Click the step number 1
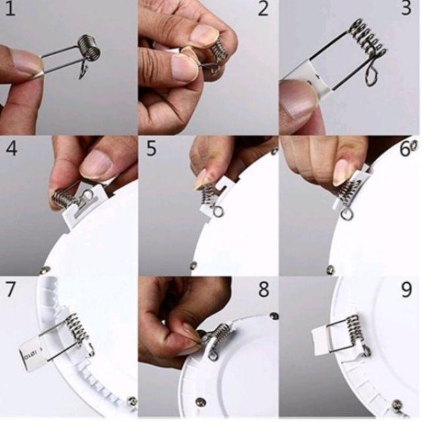coord(10,9)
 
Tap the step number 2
coord(263,9)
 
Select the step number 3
coord(406,8)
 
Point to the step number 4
coord(11,148)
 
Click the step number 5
coord(151,148)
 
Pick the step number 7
coord(11,289)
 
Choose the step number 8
coord(264,289)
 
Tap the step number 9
coord(406,290)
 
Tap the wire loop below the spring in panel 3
coord(371,75)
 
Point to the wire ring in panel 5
coord(218,212)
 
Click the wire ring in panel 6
coord(347,214)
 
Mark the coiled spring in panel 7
coord(78,329)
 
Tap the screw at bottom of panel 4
coord(45,270)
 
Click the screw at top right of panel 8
coord(274,316)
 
